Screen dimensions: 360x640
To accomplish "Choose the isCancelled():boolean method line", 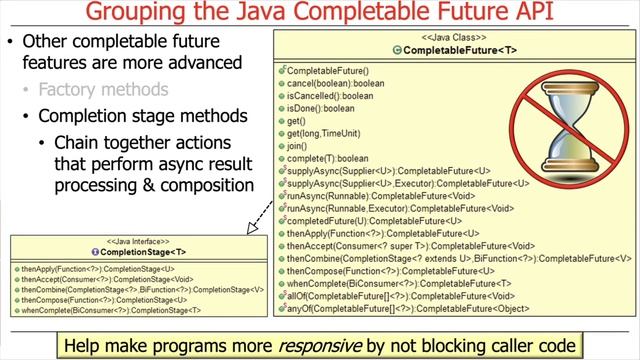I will [x=331, y=96].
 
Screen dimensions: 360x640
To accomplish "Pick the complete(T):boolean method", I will [x=326, y=159].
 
